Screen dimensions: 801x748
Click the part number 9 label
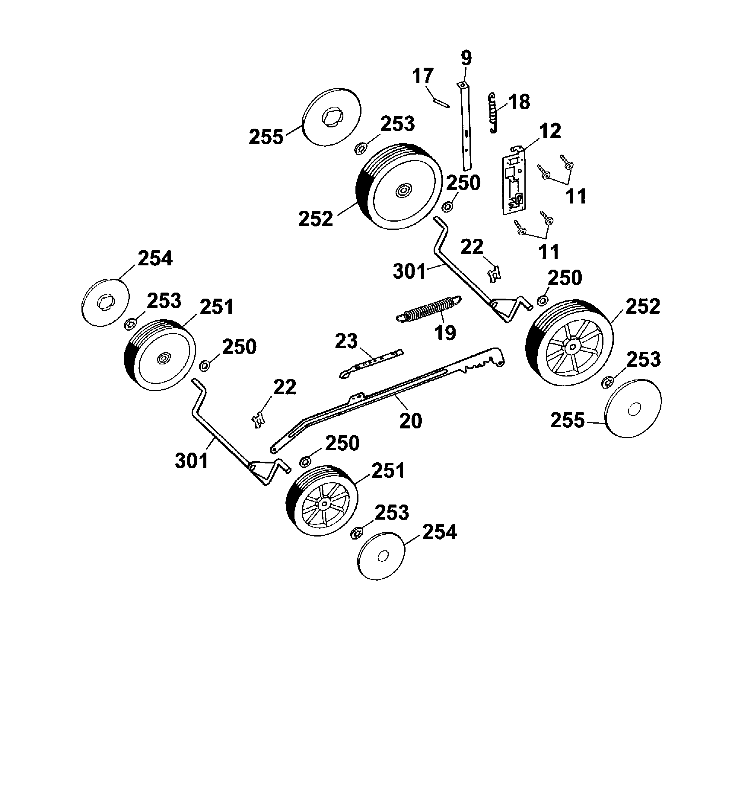(x=466, y=59)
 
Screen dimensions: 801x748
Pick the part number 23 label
(x=346, y=341)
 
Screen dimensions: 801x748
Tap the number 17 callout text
(x=423, y=76)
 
